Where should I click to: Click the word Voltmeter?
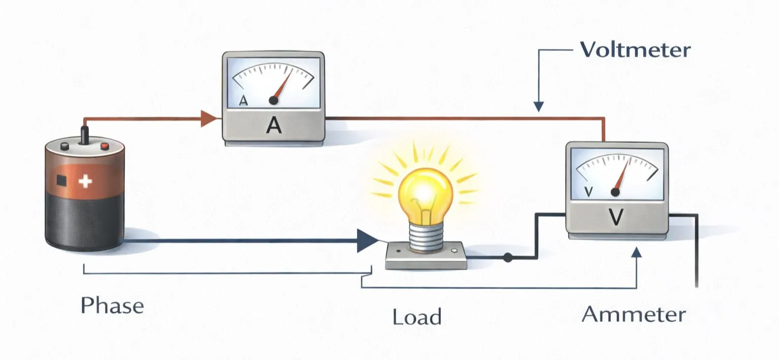coord(634,50)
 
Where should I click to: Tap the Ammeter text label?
coord(633,314)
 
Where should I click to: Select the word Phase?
coord(112,306)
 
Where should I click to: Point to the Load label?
coord(417,317)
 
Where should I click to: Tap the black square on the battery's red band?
coord(62,180)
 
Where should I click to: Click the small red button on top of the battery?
coord(104,147)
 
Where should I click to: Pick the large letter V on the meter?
coord(616,217)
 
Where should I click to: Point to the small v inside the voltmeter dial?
coord(588,192)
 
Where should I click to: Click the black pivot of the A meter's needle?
coord(273,101)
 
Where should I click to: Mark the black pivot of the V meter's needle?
coord(615,192)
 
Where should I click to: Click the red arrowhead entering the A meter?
coord(208,119)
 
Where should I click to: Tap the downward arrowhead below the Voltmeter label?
coord(538,106)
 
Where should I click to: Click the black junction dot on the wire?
coord(508,258)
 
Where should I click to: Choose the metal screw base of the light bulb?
coord(424,236)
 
